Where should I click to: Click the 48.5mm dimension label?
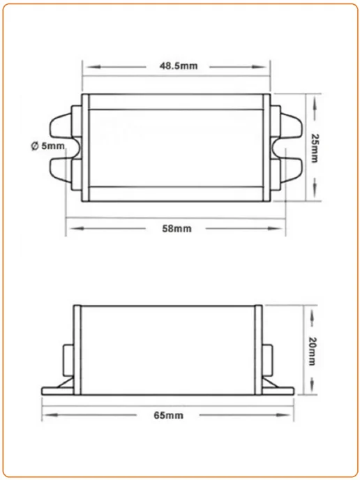pyautogui.click(x=179, y=66)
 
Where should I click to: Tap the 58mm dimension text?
pyautogui.click(x=177, y=229)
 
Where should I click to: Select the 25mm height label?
pyautogui.click(x=314, y=148)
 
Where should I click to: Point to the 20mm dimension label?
pyautogui.click(x=312, y=352)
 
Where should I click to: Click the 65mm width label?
pyautogui.click(x=168, y=415)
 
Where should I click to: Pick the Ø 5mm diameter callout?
pyautogui.click(x=48, y=146)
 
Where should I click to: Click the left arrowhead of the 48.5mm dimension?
pyautogui.click(x=93, y=67)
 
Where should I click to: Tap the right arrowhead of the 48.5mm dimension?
pyautogui.click(x=259, y=67)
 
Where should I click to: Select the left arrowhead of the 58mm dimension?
pyautogui.click(x=77, y=228)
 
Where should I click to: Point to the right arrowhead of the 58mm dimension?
pyautogui.click(x=274, y=228)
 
